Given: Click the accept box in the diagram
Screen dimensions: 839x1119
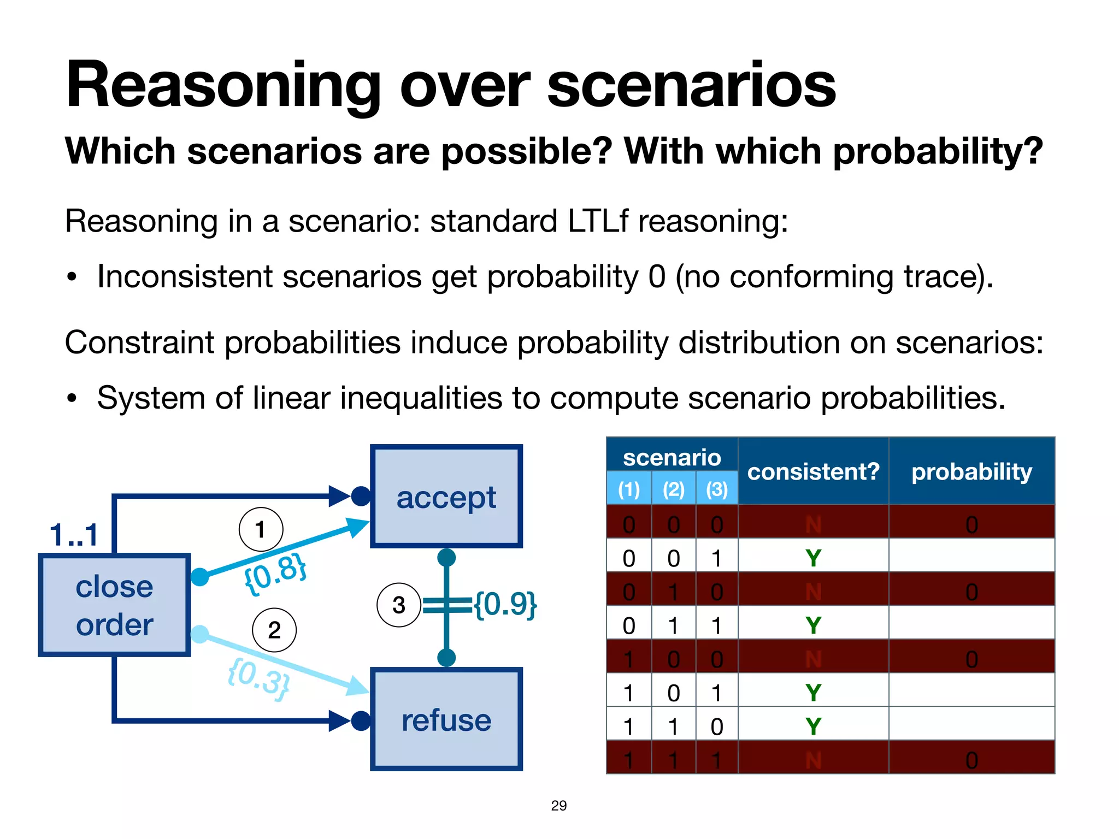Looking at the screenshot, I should (446, 497).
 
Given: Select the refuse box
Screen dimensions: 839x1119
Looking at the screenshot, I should (446, 719).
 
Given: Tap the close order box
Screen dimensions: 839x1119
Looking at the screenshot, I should (114, 605).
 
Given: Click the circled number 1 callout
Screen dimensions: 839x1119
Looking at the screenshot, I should (261, 529).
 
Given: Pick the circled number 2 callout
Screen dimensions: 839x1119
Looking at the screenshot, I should (274, 630).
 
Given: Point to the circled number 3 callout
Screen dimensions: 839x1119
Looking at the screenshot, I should (399, 605).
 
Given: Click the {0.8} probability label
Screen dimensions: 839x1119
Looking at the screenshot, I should (275, 572).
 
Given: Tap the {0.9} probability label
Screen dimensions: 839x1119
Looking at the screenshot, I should (505, 604).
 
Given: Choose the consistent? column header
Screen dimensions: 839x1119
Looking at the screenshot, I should (813, 471).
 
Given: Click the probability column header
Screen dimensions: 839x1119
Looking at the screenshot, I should (971, 471).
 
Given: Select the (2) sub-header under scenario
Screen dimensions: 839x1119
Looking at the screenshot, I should (673, 489).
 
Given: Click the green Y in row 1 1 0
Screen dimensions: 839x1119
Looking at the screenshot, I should (813, 726).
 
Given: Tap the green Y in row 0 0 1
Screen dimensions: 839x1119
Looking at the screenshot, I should (813, 558).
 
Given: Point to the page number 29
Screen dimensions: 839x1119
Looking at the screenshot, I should (558, 805).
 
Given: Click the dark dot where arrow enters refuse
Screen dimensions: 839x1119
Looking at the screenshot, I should (361, 720).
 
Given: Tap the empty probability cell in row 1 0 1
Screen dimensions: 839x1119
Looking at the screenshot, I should (971, 692).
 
